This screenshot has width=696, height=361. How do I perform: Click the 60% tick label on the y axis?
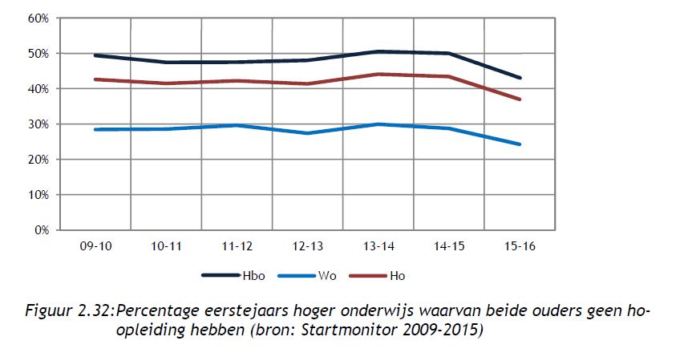coord(38,18)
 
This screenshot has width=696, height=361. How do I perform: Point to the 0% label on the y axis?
coord(41,230)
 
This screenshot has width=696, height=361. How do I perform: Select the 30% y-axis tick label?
coord(38,124)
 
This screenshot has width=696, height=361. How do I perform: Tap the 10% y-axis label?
coord(38,195)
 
